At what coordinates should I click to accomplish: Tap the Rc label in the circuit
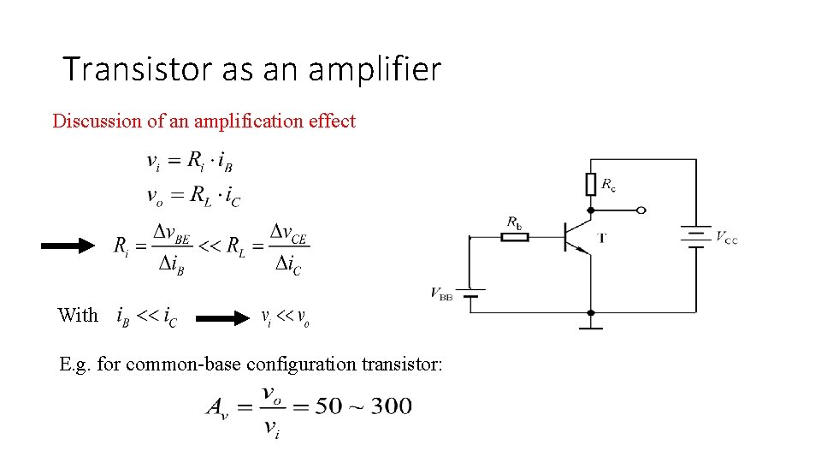609,184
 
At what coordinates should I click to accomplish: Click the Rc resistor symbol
590,184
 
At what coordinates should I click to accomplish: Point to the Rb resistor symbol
514,236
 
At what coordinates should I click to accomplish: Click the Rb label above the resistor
514,223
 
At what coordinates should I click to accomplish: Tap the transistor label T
602,238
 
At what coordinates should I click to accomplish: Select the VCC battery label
726,237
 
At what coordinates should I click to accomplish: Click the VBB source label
441,295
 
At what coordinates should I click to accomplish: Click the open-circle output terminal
641,210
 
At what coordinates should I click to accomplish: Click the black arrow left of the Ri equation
68,246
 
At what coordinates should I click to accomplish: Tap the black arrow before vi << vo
221,319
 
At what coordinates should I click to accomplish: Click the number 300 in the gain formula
391,406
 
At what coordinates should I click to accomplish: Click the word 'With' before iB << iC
78,315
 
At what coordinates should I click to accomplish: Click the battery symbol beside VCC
695,237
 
